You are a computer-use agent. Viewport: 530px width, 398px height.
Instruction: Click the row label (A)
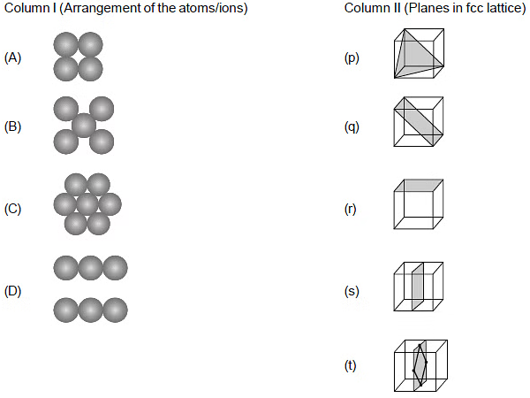[12, 57]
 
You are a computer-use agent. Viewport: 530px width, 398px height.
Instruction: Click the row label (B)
[12, 126]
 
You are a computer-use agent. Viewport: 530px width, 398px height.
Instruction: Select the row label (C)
[12, 209]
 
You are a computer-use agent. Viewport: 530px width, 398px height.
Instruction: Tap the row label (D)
[12, 291]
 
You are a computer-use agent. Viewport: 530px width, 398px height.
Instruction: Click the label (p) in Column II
[352, 58]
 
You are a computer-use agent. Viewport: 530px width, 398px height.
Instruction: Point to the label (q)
[352, 127]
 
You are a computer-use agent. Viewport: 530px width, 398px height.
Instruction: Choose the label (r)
[350, 209]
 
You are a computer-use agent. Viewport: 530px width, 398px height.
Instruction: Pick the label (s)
[352, 291]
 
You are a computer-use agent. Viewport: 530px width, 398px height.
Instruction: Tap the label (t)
[350, 365]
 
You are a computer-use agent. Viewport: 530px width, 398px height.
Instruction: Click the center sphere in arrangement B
[84, 126]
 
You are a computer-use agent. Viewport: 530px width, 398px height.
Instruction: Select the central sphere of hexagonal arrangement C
[87, 204]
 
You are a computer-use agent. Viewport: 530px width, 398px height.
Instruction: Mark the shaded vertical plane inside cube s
[418, 287]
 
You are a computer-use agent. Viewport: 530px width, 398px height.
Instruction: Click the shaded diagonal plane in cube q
[419, 121]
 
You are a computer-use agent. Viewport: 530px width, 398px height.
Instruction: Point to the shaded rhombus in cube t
[420, 364]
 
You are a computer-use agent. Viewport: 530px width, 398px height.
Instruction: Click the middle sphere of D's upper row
[91, 268]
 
